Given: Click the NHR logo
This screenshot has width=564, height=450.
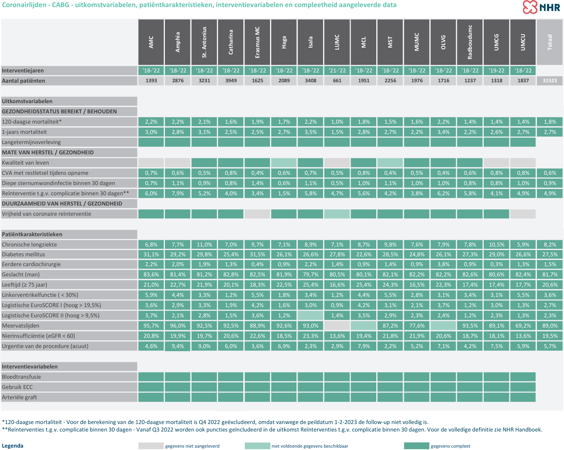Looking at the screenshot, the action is click(542, 7).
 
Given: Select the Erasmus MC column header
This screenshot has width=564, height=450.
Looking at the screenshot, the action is click(257, 42).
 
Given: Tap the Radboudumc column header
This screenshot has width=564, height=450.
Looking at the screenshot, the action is click(470, 42).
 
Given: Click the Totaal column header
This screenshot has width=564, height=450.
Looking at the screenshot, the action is click(549, 42).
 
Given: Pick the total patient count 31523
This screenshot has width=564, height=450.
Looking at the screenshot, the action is click(549, 80).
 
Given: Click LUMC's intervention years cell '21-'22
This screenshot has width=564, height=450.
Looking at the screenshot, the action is click(337, 70).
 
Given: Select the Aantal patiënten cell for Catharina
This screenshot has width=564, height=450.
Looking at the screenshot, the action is click(231, 80).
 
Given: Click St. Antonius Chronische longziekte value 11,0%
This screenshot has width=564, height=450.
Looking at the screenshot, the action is click(204, 244).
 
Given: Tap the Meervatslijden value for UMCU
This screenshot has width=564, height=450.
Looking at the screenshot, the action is click(523, 326).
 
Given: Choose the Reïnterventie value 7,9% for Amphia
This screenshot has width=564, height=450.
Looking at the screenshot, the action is click(178, 193).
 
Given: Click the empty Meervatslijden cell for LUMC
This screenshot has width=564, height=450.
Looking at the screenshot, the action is click(337, 326).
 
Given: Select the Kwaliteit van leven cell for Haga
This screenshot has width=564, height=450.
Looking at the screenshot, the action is click(284, 163).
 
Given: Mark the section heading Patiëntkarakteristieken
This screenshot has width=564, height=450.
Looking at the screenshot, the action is click(32, 234).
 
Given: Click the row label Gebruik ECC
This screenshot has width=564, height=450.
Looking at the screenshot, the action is click(17, 387).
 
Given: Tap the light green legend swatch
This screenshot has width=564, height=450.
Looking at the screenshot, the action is click(257, 446).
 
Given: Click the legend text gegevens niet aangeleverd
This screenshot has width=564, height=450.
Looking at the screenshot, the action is click(192, 446).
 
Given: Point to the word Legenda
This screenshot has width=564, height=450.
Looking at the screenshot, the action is click(13, 446).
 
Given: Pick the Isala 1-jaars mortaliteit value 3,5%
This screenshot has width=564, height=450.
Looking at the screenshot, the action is click(311, 132).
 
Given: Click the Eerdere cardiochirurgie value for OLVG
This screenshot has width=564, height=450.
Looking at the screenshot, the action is click(443, 264).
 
